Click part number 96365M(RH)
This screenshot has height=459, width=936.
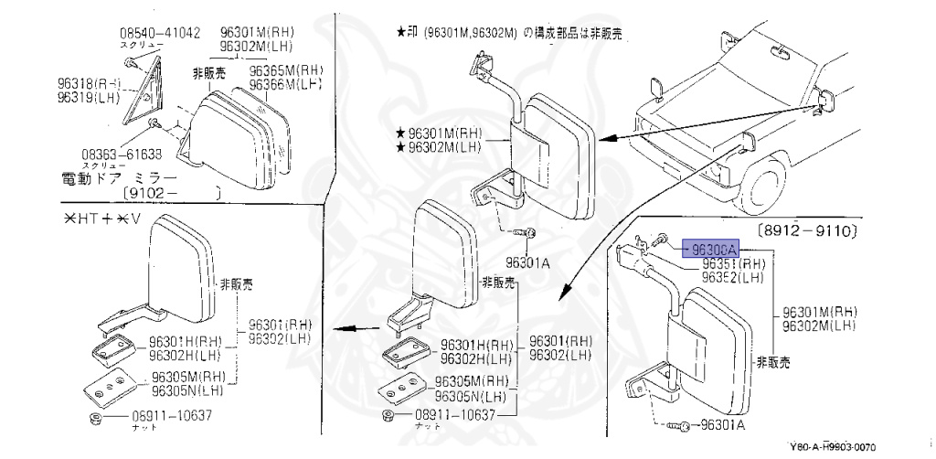point(287,70)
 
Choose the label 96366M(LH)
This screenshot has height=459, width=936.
point(287,84)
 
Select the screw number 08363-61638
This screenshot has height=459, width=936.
point(122,154)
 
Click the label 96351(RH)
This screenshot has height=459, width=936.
point(732,263)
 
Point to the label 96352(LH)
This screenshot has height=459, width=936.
point(732,277)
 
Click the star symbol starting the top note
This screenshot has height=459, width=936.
point(400,33)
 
